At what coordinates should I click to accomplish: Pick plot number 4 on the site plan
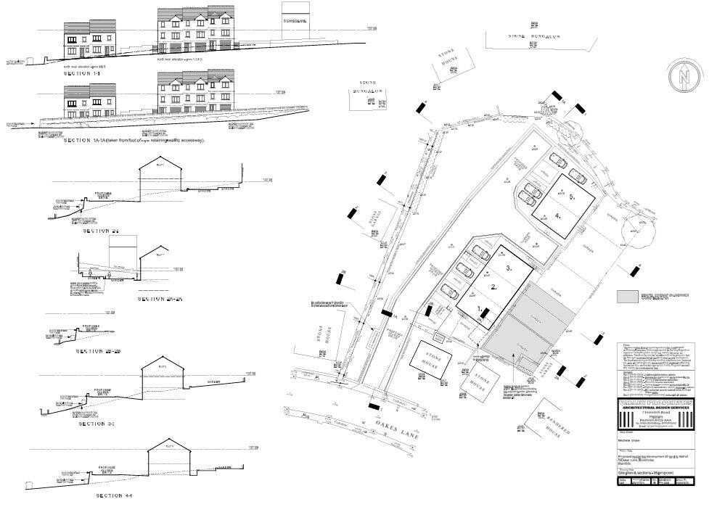(x=557, y=215)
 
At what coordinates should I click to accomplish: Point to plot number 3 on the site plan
(x=509, y=268)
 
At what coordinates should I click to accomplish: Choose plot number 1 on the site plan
(x=479, y=308)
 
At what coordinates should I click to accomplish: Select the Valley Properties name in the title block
(x=656, y=403)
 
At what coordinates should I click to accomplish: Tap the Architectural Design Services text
(x=656, y=409)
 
